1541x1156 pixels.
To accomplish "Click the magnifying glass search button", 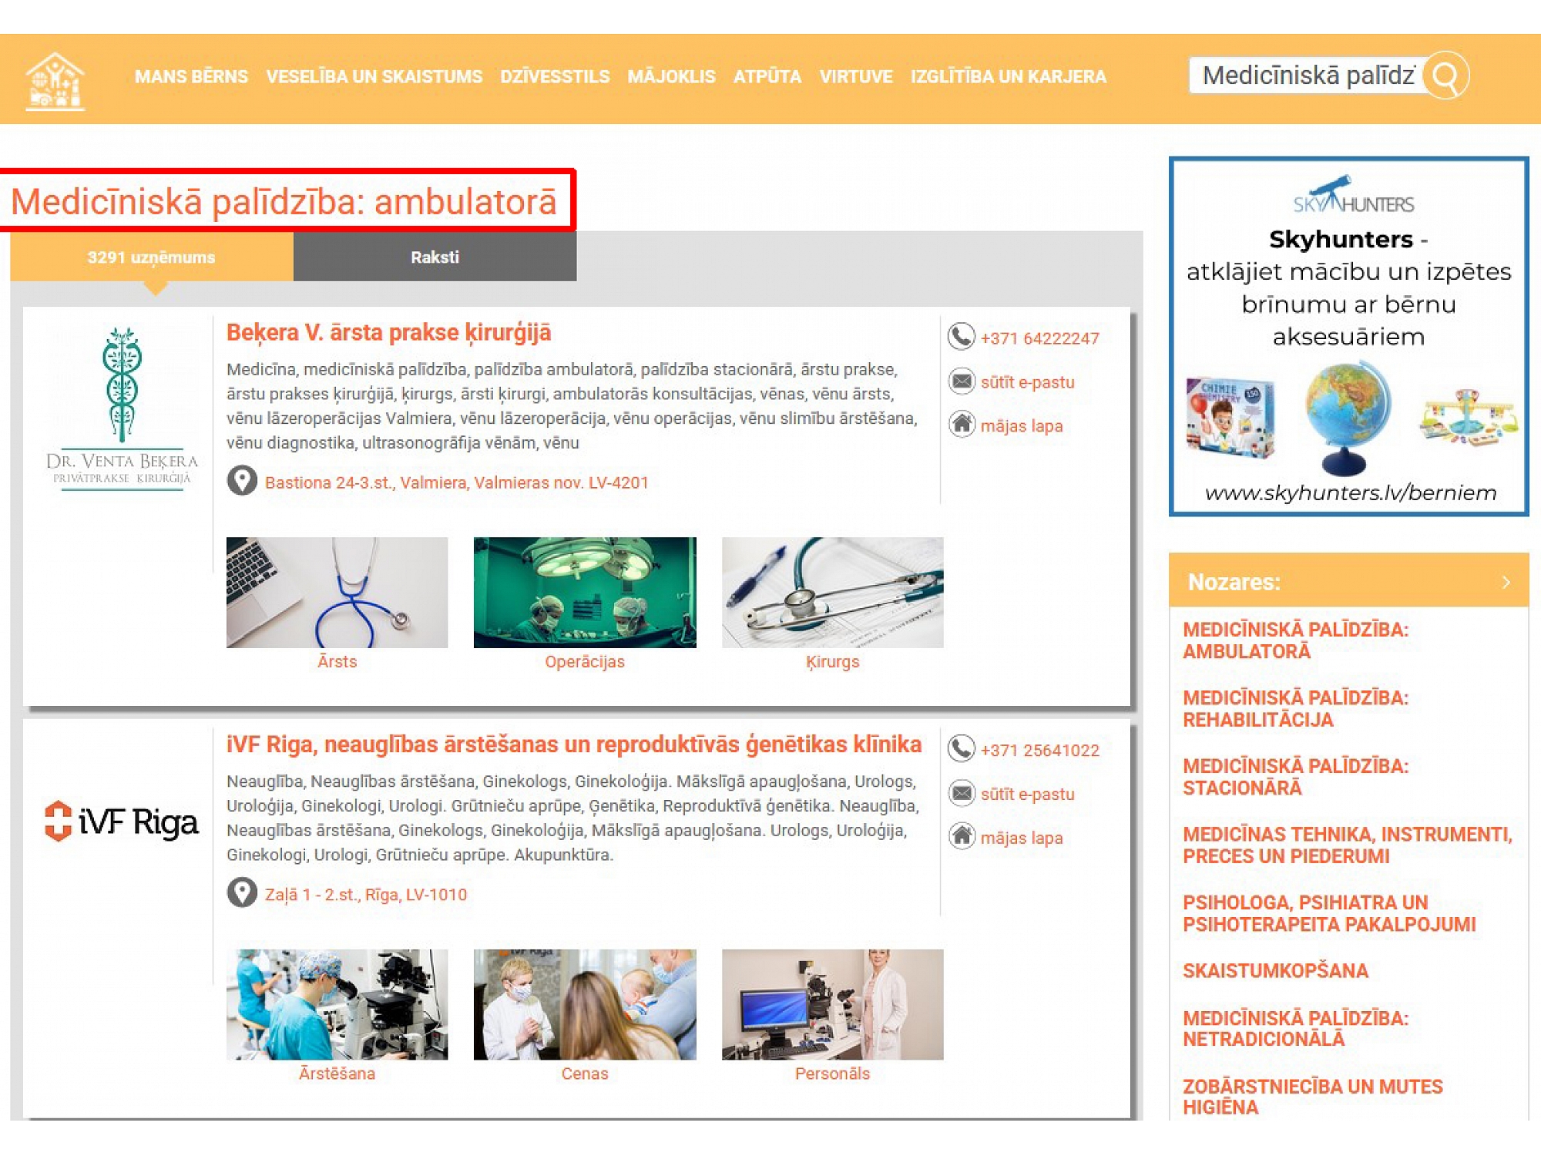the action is [1446, 76].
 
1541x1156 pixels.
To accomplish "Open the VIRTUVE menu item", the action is [856, 77].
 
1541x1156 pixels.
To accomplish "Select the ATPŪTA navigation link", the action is [767, 77].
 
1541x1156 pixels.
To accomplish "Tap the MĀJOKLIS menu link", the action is [671, 77].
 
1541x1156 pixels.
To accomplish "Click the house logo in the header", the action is [55, 80].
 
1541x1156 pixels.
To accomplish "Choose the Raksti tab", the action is [435, 257].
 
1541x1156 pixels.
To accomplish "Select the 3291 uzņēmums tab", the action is [152, 257].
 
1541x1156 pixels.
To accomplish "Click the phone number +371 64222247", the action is [1039, 338].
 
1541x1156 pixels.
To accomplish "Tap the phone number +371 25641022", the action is [1039, 751].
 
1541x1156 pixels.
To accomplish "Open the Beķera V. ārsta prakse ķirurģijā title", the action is [389, 333].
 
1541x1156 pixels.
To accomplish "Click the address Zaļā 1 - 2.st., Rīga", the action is [366, 895].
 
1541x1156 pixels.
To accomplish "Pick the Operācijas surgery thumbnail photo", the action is [585, 593].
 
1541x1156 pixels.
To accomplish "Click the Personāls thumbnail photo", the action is [833, 1005].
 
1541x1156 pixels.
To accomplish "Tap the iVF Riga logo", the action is [122, 822].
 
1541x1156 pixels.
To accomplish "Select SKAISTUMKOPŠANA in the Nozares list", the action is [1276, 971].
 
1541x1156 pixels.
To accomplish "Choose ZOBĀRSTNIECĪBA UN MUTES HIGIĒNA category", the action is [1313, 1097].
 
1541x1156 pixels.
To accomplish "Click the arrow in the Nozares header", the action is [1506, 582].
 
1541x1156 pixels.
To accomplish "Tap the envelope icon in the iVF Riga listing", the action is [962, 793].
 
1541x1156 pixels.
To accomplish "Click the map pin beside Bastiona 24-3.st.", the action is [242, 481].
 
